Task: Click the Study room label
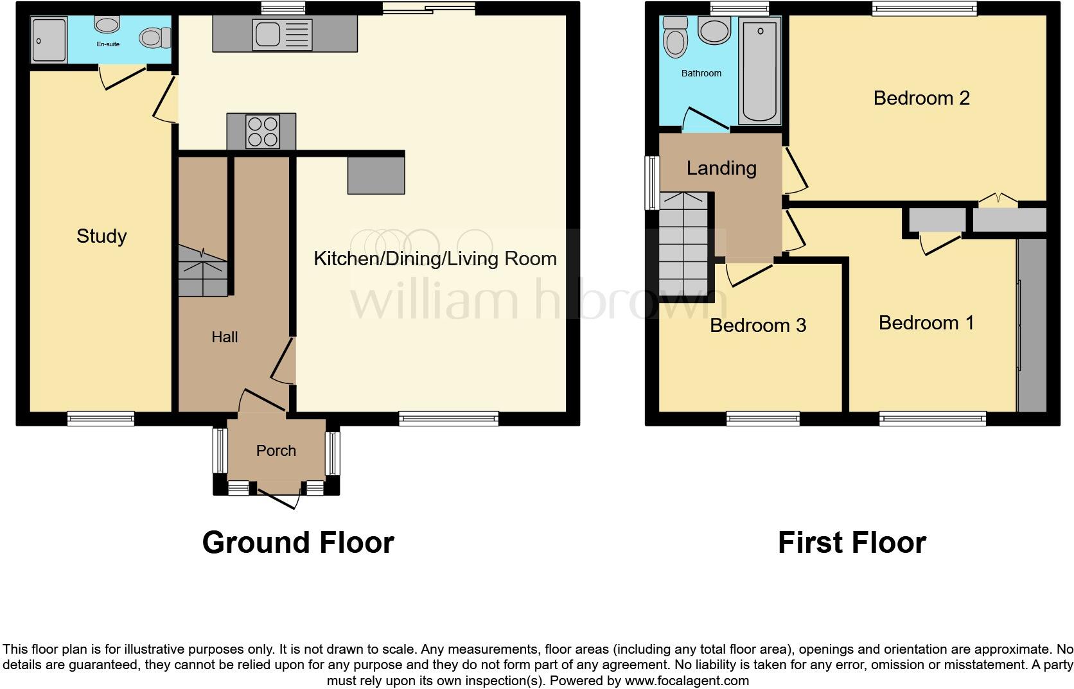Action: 101,236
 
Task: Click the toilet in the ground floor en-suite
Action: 154,37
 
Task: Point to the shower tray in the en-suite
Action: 49,40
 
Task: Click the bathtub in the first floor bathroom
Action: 760,71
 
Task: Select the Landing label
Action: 721,168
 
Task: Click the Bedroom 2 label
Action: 921,98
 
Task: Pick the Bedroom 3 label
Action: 757,326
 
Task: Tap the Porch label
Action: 276,451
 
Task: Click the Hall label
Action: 225,337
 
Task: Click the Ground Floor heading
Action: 298,543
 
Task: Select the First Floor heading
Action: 852,543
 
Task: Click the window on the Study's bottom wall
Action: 101,419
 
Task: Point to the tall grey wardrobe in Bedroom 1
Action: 1032,325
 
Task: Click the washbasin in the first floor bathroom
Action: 714,30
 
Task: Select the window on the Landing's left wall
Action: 653,182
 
